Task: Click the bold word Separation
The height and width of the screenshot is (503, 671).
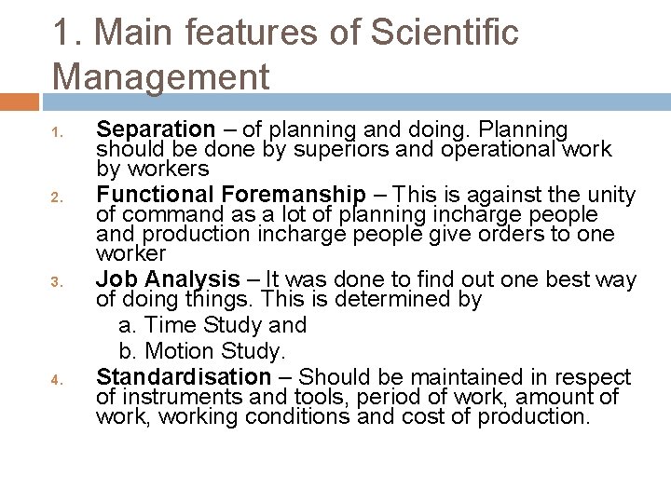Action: click(156, 129)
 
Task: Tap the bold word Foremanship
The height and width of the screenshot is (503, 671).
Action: click(294, 195)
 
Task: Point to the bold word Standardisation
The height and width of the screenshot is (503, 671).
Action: click(184, 377)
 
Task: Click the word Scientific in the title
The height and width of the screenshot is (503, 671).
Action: click(445, 33)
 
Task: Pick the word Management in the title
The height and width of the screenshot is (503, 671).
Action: click(161, 75)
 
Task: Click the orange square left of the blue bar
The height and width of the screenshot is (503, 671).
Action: click(19, 101)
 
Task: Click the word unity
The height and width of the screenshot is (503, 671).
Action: click(610, 195)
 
